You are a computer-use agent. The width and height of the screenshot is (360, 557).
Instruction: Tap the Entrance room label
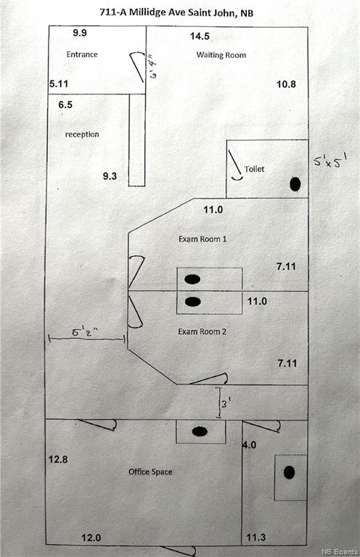click(82, 54)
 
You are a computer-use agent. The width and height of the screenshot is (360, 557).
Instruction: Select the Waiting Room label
click(221, 55)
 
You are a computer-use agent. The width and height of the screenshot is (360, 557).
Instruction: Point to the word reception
click(82, 134)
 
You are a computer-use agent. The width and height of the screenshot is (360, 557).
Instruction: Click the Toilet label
click(255, 169)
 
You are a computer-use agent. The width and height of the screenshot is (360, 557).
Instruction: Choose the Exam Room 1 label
click(202, 239)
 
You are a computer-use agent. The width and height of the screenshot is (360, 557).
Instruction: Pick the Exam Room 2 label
click(202, 331)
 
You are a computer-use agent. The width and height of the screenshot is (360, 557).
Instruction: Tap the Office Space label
click(150, 471)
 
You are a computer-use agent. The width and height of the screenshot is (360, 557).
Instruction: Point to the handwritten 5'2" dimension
click(86, 333)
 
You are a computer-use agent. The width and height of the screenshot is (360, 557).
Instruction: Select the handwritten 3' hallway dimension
click(224, 403)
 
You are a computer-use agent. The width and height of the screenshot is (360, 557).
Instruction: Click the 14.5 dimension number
click(200, 36)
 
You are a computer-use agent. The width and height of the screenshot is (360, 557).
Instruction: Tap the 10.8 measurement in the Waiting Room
click(286, 84)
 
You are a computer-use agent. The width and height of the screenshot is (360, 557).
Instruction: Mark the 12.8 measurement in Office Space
click(58, 459)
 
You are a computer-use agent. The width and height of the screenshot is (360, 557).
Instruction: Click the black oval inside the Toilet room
click(295, 184)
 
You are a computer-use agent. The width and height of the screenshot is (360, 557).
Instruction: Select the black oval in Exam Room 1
click(192, 279)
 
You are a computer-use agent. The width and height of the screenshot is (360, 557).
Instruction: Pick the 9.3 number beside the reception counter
click(110, 176)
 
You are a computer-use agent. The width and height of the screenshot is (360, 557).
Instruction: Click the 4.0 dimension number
click(250, 445)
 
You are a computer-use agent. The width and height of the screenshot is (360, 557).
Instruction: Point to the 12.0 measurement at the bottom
click(91, 538)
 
